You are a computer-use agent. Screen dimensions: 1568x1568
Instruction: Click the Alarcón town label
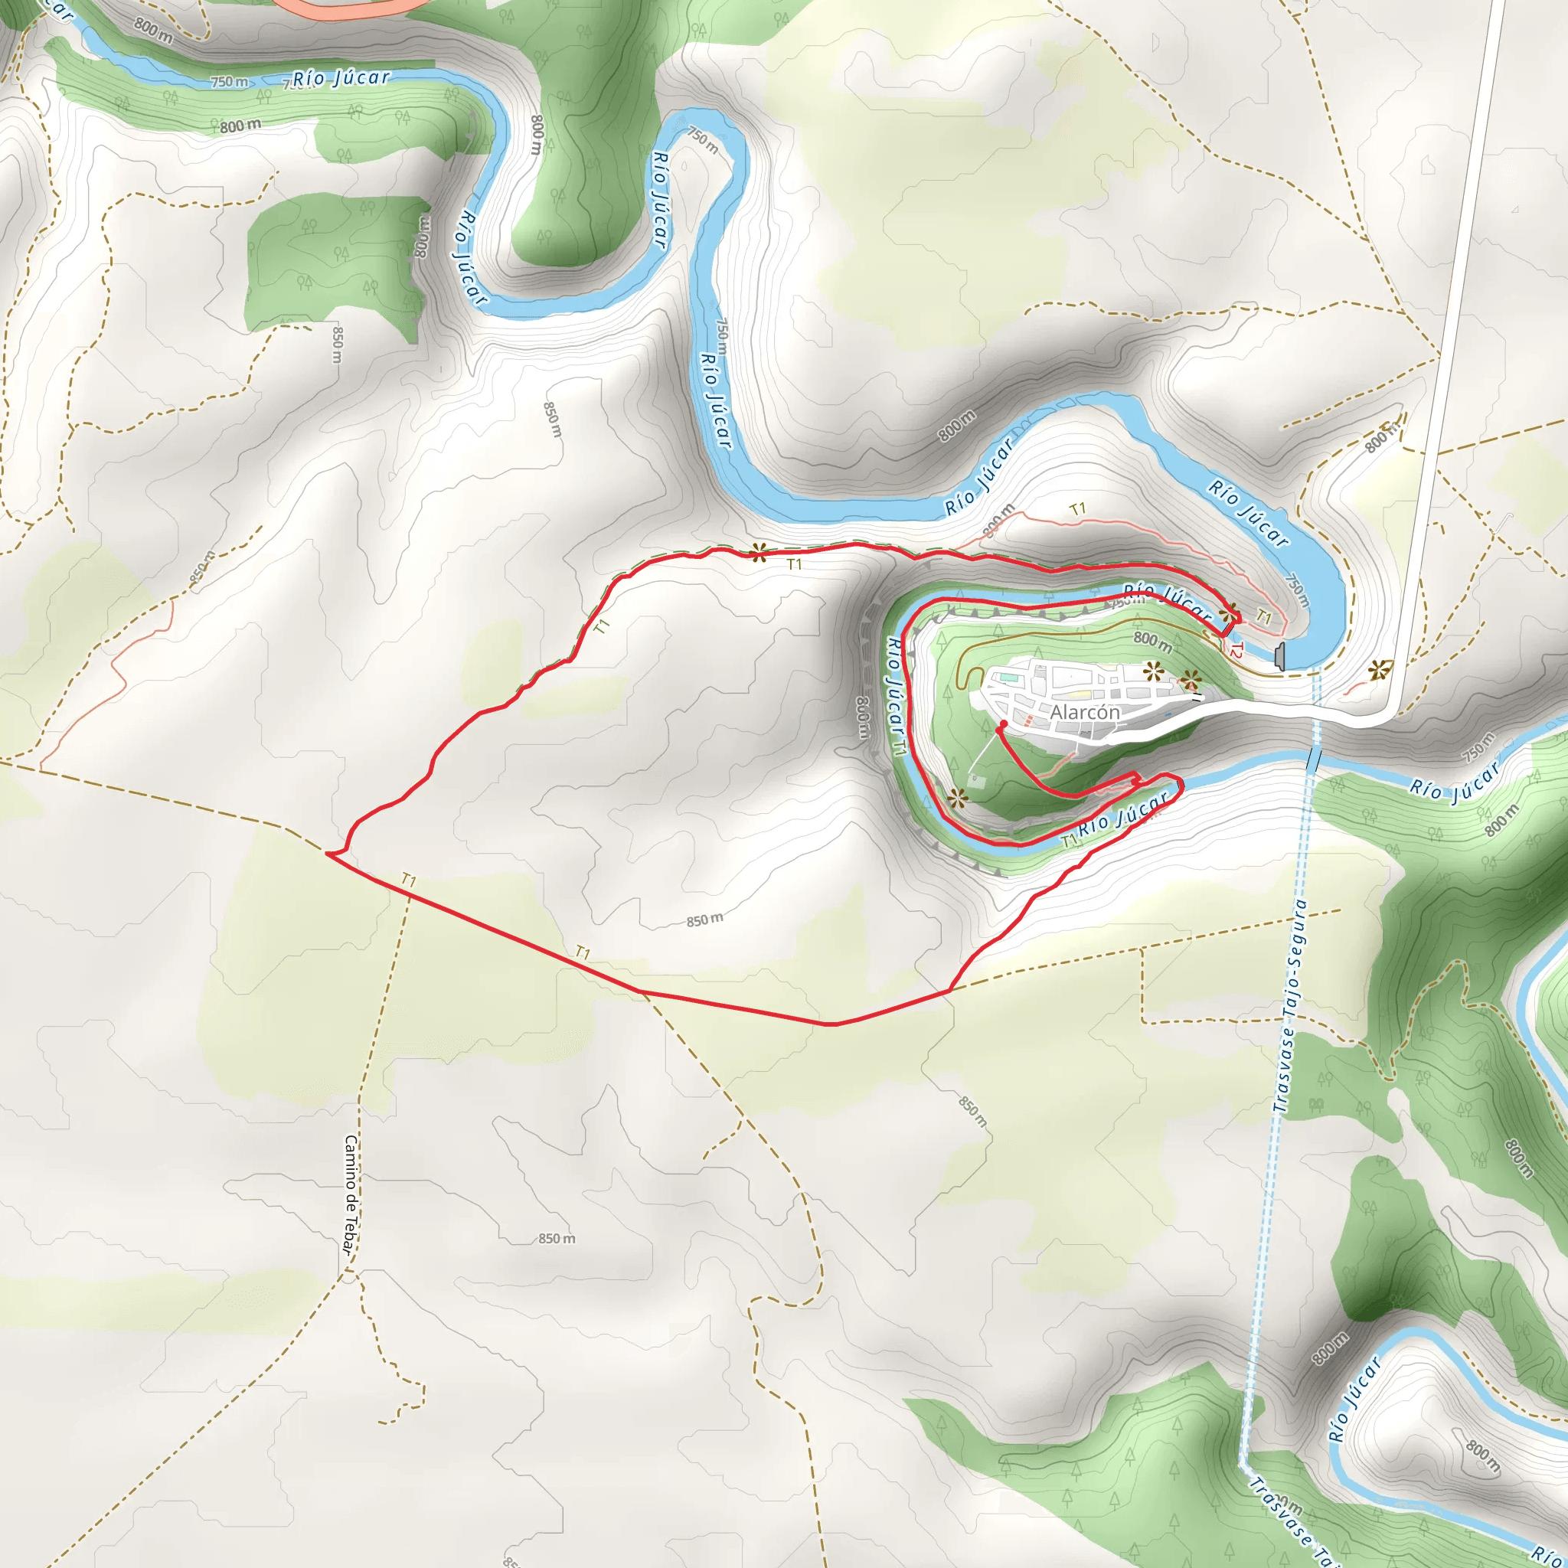[x=1085, y=712]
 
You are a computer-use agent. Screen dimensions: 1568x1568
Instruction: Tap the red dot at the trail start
[x=1003, y=723]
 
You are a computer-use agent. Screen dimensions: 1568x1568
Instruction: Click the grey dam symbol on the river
[x=1280, y=656]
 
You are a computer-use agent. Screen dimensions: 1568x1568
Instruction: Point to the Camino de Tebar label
[x=351, y=1194]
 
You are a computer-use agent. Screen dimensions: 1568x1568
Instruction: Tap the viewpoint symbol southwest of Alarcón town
[x=958, y=799]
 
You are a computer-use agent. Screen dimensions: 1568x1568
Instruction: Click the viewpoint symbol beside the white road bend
[x=1377, y=670]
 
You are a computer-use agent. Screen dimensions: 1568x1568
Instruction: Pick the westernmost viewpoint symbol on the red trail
[x=758, y=554]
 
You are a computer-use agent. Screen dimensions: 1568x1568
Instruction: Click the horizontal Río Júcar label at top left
[x=341, y=78]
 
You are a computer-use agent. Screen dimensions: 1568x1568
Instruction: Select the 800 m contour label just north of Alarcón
[x=1152, y=642]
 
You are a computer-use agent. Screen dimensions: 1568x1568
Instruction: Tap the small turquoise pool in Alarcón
[x=1008, y=676]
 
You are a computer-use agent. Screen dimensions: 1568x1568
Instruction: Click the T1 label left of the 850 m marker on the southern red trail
[x=582, y=952]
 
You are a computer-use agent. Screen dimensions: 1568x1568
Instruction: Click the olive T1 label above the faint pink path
[x=1077, y=509]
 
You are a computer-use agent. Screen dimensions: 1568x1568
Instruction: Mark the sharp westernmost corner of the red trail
[x=327, y=853]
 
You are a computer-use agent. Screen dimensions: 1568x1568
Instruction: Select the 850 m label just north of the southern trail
[x=704, y=920]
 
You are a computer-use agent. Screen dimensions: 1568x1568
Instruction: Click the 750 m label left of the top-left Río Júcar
[x=230, y=82]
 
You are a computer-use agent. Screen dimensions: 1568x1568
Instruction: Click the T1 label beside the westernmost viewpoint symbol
[x=794, y=563]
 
